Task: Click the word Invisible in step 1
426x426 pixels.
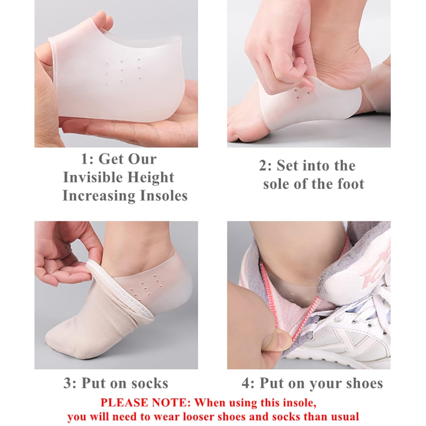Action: click(x=93, y=177)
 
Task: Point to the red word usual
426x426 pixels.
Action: click(x=346, y=417)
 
